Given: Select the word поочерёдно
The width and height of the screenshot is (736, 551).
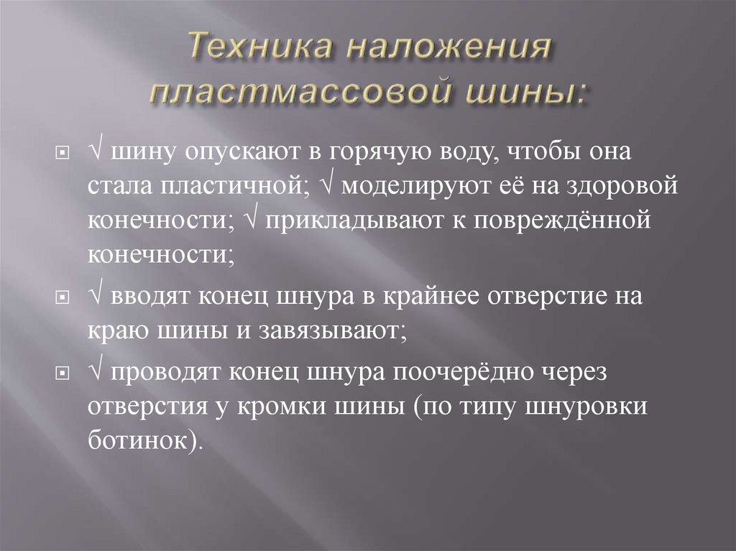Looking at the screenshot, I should pos(461,373).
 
